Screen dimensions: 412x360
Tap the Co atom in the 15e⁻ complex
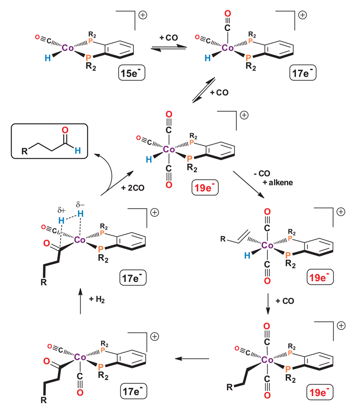68,48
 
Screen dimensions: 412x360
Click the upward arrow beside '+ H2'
81,299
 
